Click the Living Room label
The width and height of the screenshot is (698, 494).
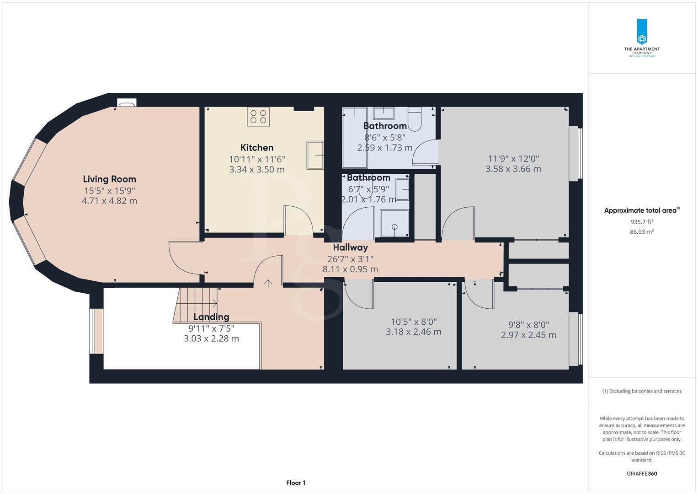(109, 179)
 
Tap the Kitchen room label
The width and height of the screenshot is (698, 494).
(257, 147)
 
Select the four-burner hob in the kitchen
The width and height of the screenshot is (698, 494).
(258, 117)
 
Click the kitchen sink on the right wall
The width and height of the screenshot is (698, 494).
(315, 156)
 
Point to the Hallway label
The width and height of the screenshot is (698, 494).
(350, 247)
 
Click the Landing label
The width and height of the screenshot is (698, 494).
(211, 317)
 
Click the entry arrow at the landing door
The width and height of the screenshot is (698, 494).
(268, 284)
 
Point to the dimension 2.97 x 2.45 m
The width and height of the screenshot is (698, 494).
(528, 335)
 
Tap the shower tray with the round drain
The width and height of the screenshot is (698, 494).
(394, 224)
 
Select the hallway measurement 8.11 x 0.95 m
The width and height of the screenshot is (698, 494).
(350, 269)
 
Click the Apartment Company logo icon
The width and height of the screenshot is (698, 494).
(642, 32)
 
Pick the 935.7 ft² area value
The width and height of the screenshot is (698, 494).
(642, 222)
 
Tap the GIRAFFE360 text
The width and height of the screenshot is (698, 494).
(641, 473)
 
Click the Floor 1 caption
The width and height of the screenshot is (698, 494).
(296, 483)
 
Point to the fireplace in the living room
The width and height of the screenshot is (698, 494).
(126, 103)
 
